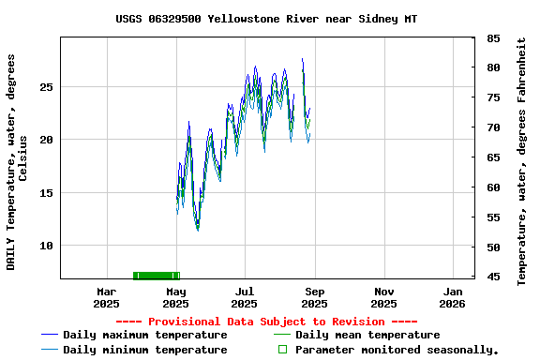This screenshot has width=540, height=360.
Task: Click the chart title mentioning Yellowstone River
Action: click(x=267, y=19)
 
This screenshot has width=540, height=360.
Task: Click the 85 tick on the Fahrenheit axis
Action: click(x=493, y=38)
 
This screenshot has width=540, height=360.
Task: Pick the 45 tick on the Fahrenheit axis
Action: click(x=493, y=277)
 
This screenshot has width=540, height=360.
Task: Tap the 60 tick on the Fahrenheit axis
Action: click(x=493, y=187)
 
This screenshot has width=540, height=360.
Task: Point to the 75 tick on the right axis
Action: click(x=493, y=97)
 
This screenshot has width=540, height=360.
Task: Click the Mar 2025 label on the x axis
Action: click(x=106, y=297)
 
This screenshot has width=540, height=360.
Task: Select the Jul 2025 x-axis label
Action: click(x=244, y=297)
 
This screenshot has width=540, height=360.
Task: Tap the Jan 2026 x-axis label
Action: click(x=452, y=297)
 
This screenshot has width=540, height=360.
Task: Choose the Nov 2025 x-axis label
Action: click(x=382, y=297)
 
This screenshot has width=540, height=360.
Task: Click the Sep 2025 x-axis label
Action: click(x=314, y=297)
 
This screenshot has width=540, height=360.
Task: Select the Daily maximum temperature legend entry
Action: click(x=144, y=335)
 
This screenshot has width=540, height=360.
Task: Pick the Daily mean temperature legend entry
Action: click(x=367, y=335)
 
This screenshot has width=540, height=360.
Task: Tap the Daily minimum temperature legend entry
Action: click(x=144, y=350)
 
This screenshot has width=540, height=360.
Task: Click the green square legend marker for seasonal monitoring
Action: click(x=282, y=350)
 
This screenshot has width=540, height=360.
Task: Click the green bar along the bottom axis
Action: click(x=156, y=276)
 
